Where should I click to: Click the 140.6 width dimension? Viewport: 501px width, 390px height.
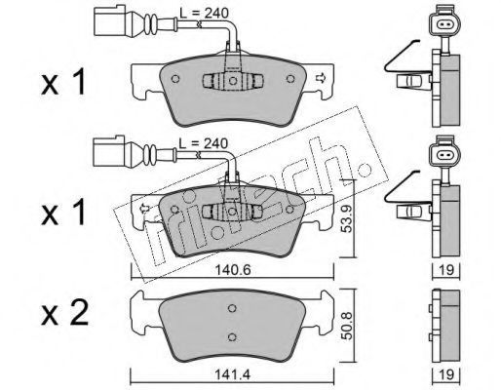233,270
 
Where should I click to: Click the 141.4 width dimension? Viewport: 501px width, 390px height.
233,374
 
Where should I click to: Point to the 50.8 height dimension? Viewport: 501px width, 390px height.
347,326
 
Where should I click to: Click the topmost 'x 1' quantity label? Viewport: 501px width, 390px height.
63,81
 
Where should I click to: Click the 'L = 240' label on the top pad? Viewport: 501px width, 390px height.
205,13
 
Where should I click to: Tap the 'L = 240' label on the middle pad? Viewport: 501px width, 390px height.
204,143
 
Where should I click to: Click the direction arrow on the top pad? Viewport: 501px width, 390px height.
321,78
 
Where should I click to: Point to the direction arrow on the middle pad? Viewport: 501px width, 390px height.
143,209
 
